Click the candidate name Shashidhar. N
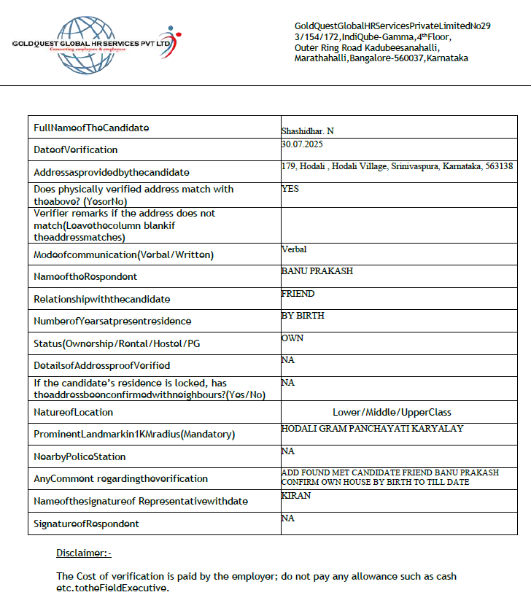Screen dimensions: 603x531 click(308, 131)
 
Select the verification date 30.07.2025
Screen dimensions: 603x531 click(301, 144)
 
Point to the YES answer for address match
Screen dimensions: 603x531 click(290, 188)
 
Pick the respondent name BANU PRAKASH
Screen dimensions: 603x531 click(317, 271)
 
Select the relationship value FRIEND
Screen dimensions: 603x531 click(298, 293)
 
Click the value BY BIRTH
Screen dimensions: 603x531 click(303, 316)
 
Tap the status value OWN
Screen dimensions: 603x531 click(292, 338)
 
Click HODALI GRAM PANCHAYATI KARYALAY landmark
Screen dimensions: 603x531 click(372, 429)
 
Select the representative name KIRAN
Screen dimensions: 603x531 click(295, 495)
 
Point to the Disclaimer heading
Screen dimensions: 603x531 click(84, 553)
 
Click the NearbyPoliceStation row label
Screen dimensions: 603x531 click(80, 457)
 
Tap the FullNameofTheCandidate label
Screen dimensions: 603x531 click(91, 128)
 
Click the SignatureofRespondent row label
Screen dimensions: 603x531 click(86, 524)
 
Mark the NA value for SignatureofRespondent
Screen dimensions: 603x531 click(287, 518)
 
